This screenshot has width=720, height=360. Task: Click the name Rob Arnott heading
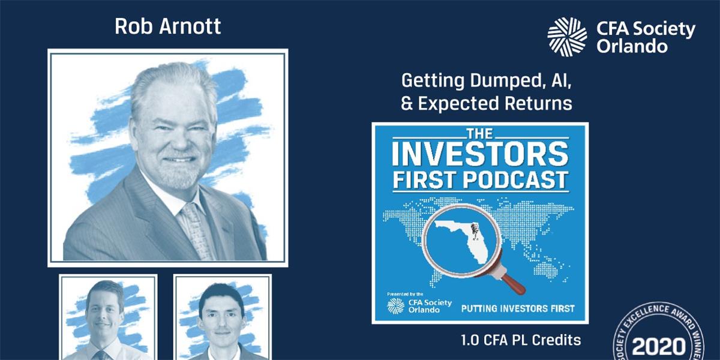pyautogui.click(x=167, y=26)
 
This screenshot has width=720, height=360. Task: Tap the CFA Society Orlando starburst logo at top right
pyautogui.click(x=568, y=37)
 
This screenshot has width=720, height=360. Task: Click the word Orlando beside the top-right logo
pyautogui.click(x=632, y=46)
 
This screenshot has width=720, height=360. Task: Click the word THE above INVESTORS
pyautogui.click(x=479, y=133)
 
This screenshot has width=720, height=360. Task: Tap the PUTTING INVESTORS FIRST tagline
pyautogui.click(x=518, y=309)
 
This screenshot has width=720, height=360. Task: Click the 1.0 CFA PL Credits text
pyautogui.click(x=521, y=340)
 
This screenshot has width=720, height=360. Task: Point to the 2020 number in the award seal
pyautogui.click(x=659, y=347)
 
